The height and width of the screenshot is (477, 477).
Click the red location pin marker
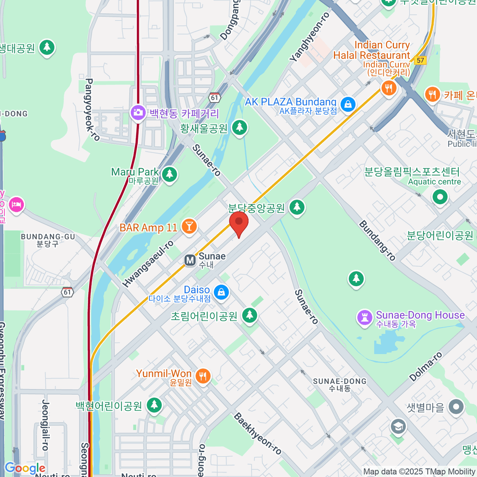[239, 223]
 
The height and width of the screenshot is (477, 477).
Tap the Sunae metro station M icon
[190, 260]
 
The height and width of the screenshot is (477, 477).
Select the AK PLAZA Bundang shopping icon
[348, 105]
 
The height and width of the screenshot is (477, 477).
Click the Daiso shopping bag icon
[221, 292]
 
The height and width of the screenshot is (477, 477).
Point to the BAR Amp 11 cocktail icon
[189, 227]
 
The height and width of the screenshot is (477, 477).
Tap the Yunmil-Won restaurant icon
[203, 376]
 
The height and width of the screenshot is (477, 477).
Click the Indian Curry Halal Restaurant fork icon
[388, 88]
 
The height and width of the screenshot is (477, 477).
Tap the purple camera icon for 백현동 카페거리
[138, 112]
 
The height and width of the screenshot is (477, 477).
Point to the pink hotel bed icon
[16, 205]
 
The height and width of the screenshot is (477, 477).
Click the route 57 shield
[420, 60]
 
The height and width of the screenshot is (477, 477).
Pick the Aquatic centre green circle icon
[440, 197]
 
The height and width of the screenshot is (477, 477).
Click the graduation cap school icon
[398, 427]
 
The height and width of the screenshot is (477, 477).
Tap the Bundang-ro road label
[377, 241]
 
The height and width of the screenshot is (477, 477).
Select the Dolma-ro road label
[426, 367]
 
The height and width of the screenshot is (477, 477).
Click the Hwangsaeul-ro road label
[148, 264]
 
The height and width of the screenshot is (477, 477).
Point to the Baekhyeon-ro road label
[258, 434]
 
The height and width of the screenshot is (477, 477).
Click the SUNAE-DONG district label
[340, 384]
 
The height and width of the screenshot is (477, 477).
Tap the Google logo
[25, 468]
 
